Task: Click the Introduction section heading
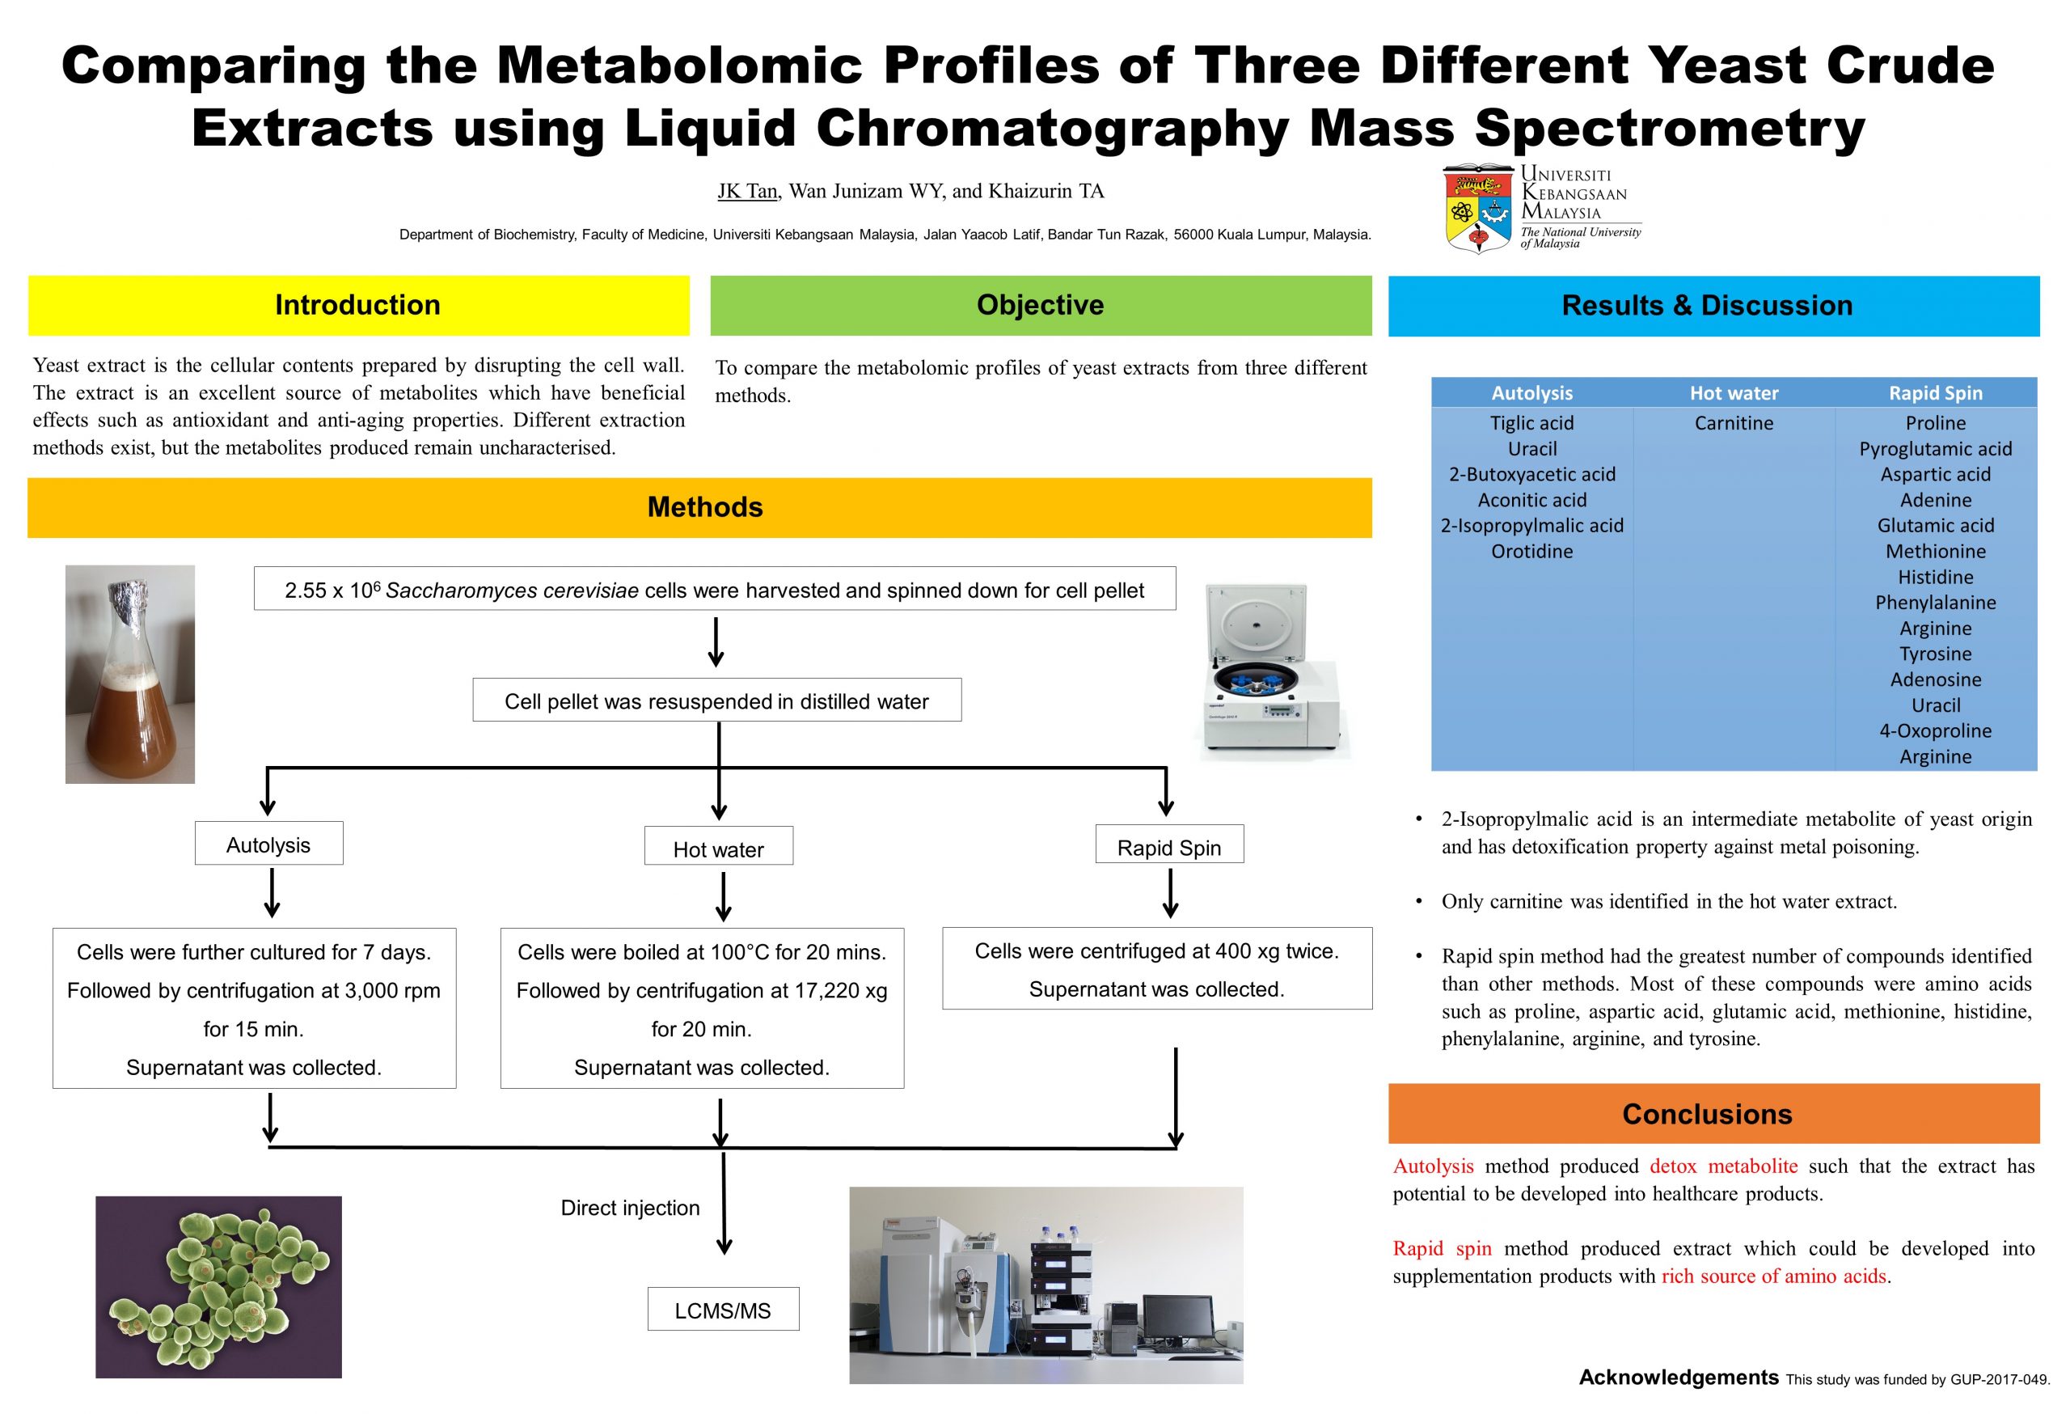357,306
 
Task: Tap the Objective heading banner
1040,306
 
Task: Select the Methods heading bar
703,508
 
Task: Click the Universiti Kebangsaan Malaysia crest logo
1477,209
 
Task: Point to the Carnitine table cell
1733,423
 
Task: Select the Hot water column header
1734,393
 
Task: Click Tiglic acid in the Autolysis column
1531,423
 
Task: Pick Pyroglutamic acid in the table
1935,449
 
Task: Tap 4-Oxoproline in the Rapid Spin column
1935,731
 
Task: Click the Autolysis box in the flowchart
268,845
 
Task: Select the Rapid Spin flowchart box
1168,847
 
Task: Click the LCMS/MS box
722,1310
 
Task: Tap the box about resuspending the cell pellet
716,701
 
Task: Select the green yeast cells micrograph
218,1286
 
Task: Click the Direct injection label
630,1209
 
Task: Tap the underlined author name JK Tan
747,192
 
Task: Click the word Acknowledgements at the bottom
1677,1378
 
